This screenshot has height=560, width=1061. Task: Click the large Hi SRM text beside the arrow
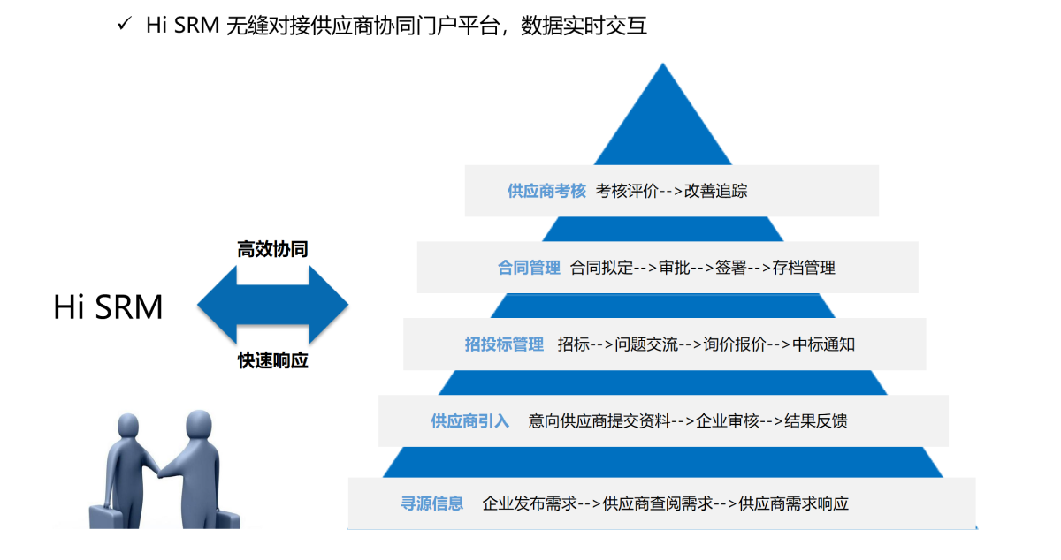[x=108, y=307]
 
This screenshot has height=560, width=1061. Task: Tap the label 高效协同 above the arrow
[x=272, y=249]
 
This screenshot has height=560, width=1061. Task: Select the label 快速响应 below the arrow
[x=272, y=360]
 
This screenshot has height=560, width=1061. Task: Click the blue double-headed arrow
[x=272, y=305]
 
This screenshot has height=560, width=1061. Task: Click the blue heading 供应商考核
[x=546, y=191]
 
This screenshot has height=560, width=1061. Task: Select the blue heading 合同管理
[x=529, y=268]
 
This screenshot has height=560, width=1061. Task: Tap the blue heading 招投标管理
[x=504, y=344]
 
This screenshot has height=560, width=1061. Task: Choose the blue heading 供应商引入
[x=470, y=421]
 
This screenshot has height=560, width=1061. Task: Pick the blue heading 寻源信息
[x=432, y=504]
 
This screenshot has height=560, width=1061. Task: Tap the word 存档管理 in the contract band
[x=804, y=268]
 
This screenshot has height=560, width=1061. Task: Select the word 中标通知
[x=824, y=344]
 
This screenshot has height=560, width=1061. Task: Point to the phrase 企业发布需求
[x=530, y=504]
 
